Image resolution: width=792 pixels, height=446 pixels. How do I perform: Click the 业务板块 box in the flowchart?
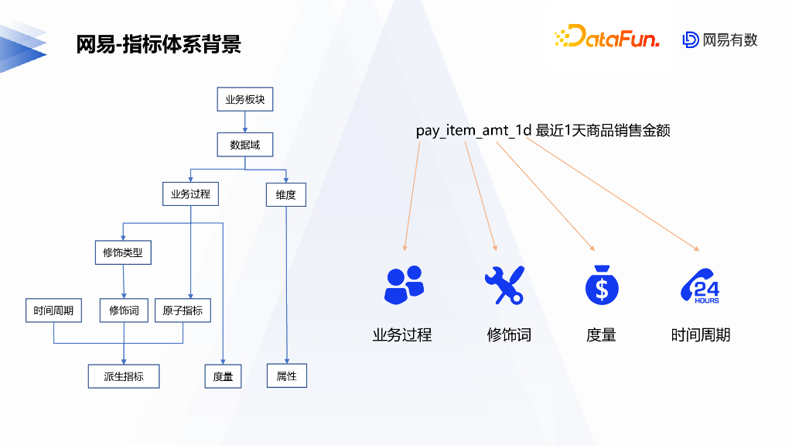click(x=245, y=100)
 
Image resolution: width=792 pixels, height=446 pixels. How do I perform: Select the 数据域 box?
click(x=245, y=145)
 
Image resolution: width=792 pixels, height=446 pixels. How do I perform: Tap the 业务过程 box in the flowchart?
click(x=190, y=194)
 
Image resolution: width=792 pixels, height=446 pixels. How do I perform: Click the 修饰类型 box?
click(x=123, y=252)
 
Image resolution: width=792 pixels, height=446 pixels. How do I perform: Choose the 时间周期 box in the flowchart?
click(x=53, y=310)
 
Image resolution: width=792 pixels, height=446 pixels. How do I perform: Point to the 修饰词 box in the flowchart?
click(x=124, y=310)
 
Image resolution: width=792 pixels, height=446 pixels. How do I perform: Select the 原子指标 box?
click(x=183, y=310)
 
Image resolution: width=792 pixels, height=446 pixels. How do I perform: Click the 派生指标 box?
click(x=124, y=376)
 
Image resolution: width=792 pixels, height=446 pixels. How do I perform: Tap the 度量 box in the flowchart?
click(x=223, y=376)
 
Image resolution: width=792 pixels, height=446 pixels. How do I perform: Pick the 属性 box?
click(x=287, y=376)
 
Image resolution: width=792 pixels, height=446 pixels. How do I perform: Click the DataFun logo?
click(x=606, y=37)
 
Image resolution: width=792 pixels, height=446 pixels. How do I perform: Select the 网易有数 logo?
click(x=720, y=39)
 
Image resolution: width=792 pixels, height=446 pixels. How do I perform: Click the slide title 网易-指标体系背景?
click(x=159, y=44)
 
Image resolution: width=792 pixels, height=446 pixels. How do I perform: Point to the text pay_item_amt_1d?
click(x=474, y=130)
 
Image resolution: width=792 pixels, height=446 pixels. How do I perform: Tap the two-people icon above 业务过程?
click(x=404, y=284)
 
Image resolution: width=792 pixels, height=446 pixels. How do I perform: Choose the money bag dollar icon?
click(x=602, y=284)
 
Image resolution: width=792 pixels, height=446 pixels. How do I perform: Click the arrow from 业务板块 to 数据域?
click(x=245, y=122)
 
